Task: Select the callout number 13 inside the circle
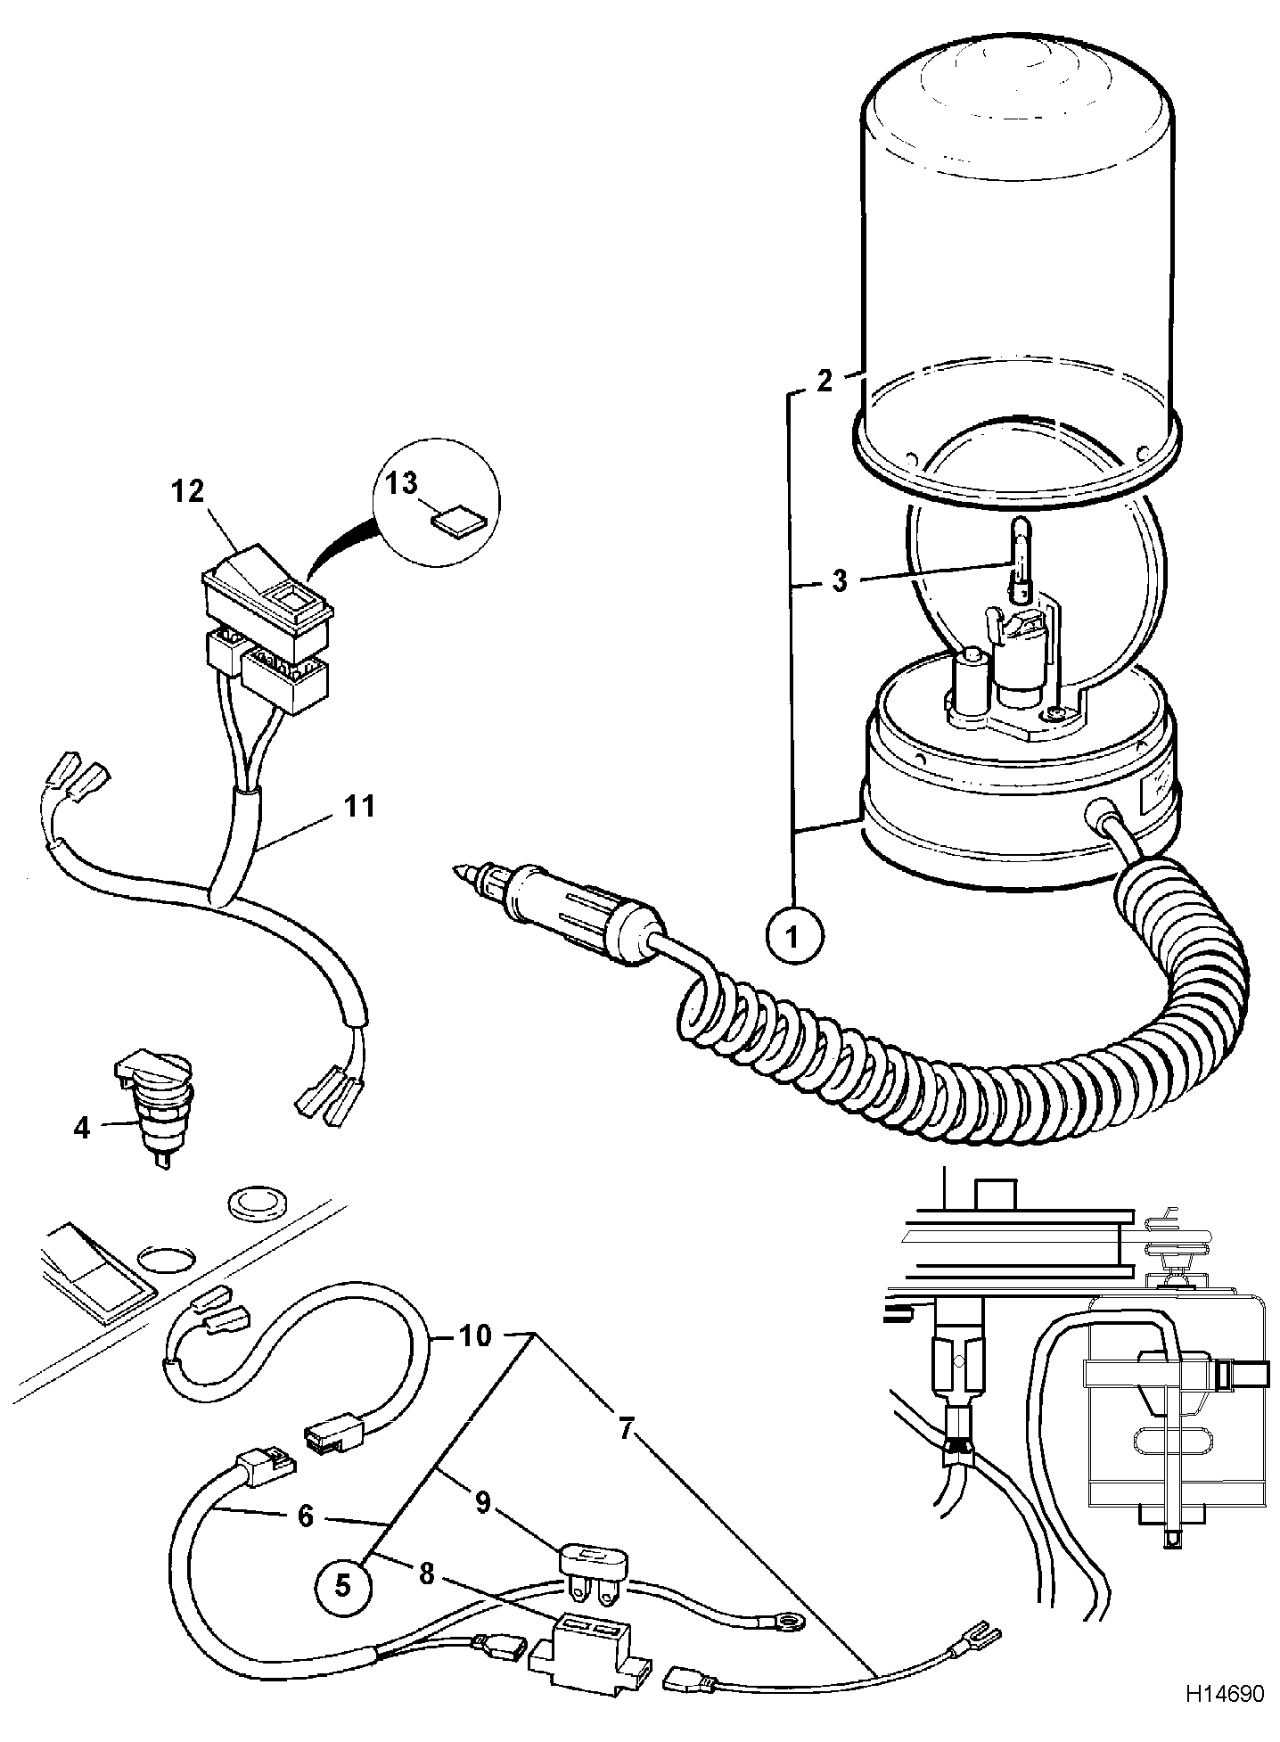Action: (x=402, y=485)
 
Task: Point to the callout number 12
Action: (x=188, y=491)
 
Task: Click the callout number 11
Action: (x=359, y=807)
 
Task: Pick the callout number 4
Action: (x=82, y=1128)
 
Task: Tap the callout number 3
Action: (x=839, y=580)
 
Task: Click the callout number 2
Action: (x=825, y=381)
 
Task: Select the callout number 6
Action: (x=306, y=1515)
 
